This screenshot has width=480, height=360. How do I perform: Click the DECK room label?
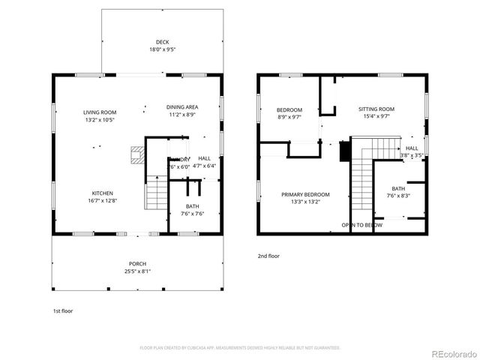pyautogui.click(x=162, y=41)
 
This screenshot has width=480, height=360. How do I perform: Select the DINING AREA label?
pyautogui.click(x=181, y=107)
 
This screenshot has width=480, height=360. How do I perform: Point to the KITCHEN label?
pyautogui.click(x=103, y=193)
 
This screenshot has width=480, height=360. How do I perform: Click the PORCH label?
pyautogui.click(x=137, y=263)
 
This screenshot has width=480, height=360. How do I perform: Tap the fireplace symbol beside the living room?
pyautogui.click(x=136, y=155)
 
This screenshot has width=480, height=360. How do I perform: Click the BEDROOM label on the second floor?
pyautogui.click(x=289, y=110)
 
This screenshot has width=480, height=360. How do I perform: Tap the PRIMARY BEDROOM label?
pyautogui.click(x=305, y=194)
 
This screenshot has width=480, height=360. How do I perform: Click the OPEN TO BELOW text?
pyautogui.click(x=362, y=225)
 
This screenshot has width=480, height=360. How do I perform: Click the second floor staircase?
pyautogui.click(x=363, y=176)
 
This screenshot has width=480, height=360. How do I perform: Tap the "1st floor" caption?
pyautogui.click(x=62, y=310)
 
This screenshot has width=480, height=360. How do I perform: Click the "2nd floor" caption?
pyautogui.click(x=268, y=256)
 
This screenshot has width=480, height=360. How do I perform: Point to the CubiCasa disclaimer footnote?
pyautogui.click(x=240, y=348)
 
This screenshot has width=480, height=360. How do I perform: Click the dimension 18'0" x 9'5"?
pyautogui.click(x=162, y=49)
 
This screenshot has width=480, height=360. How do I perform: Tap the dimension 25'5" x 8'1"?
pyautogui.click(x=137, y=271)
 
